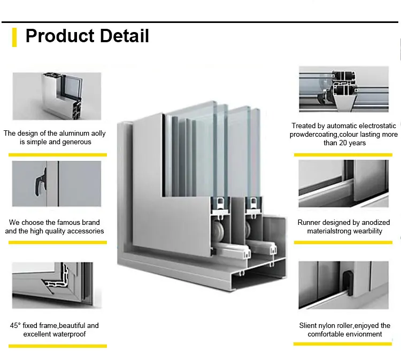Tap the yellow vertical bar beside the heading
(x=14, y=36)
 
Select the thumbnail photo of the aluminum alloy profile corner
(x=57, y=96)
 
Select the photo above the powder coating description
(x=344, y=89)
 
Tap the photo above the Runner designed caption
(x=344, y=183)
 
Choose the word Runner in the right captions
(x=310, y=222)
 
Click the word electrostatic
(x=376, y=126)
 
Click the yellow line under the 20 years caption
(x=344, y=154)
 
